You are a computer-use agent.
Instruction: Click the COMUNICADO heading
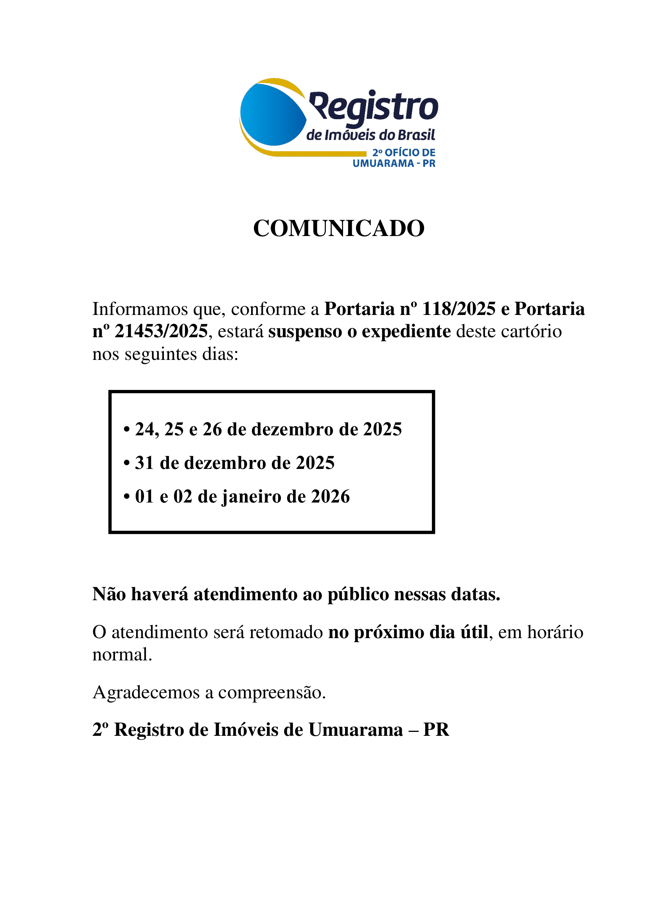click(339, 229)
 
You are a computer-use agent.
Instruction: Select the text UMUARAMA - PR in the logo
click(394, 163)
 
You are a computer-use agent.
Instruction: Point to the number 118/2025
click(458, 309)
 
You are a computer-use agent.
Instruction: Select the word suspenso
click(305, 332)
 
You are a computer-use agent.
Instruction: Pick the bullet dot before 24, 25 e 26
click(127, 429)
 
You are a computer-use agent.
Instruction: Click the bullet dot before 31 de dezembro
click(127, 463)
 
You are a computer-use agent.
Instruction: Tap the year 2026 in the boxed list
click(330, 497)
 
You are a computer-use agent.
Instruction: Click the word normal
click(122, 655)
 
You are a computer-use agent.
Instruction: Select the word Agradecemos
click(146, 693)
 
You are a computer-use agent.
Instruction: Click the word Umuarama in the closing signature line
click(355, 730)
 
